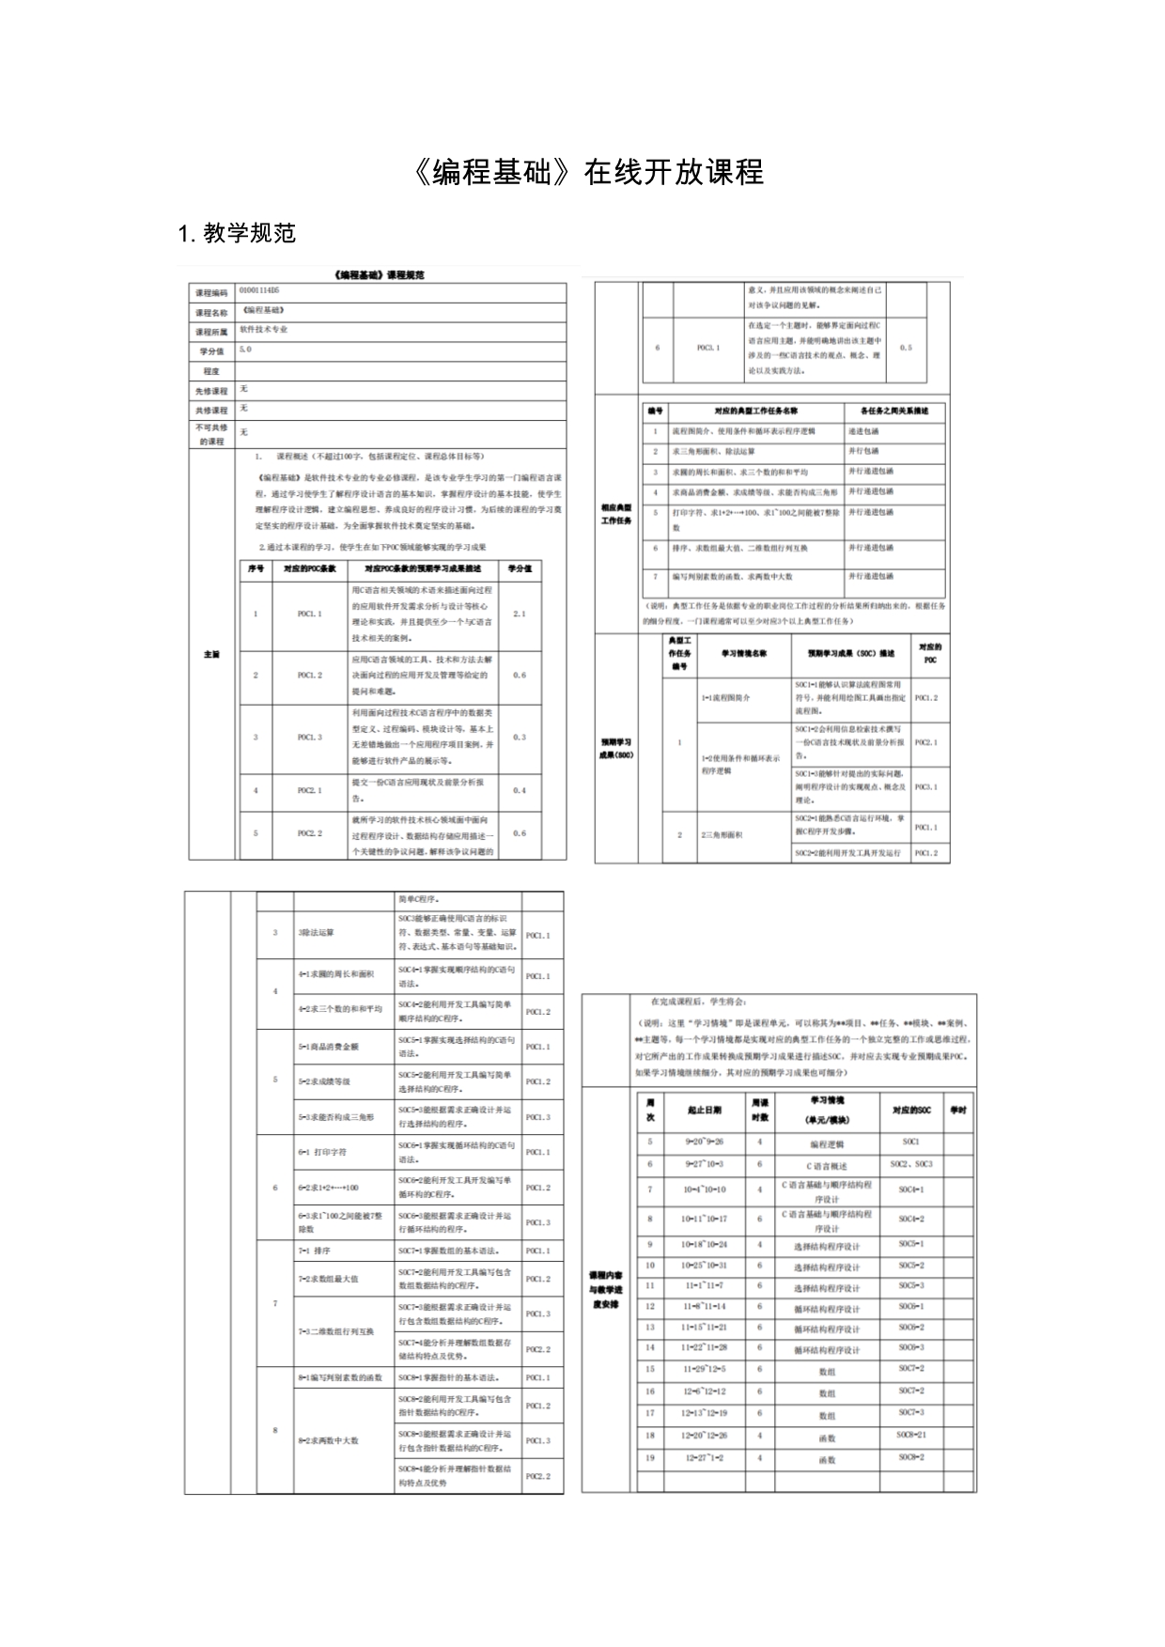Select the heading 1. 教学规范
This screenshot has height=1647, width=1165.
tap(237, 233)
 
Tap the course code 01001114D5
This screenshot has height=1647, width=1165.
tap(259, 291)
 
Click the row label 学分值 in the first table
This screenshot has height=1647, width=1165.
tap(211, 351)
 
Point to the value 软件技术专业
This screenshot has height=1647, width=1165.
tap(264, 330)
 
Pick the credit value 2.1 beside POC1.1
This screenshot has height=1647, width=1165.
tap(520, 614)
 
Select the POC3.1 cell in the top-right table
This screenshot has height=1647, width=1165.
tap(707, 348)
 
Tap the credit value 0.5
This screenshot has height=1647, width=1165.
tap(906, 348)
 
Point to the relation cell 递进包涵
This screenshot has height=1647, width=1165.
tap(864, 431)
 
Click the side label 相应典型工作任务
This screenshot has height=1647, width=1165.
tap(616, 514)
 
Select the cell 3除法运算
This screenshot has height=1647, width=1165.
tap(316, 933)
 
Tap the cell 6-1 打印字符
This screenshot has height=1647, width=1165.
tap(322, 1152)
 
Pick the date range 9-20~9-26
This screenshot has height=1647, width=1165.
tap(703, 1142)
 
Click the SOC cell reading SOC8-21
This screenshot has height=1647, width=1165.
tap(910, 1435)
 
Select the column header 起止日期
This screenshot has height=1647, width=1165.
tap(705, 1110)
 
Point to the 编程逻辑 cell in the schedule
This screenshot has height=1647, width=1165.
tap(827, 1144)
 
